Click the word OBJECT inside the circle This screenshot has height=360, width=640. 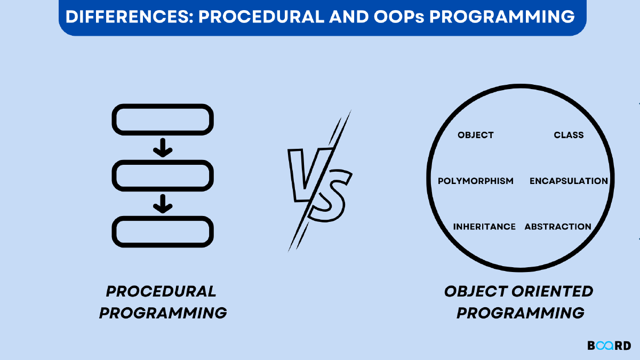pyautogui.click(x=475, y=135)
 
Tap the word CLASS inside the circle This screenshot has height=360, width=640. pyautogui.click(x=569, y=135)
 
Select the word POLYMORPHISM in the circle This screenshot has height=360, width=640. pyautogui.click(x=475, y=181)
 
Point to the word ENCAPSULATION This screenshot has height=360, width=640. pyautogui.click(x=569, y=181)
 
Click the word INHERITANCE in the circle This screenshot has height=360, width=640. pyautogui.click(x=484, y=227)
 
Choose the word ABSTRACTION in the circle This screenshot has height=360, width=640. pyautogui.click(x=558, y=227)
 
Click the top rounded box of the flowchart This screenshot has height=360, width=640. pyautogui.click(x=163, y=119)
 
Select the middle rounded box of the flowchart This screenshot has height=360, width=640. pyautogui.click(x=163, y=175)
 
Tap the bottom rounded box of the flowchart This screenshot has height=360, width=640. pyautogui.click(x=163, y=231)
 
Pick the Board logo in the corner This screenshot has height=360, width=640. pyautogui.click(x=609, y=346)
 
